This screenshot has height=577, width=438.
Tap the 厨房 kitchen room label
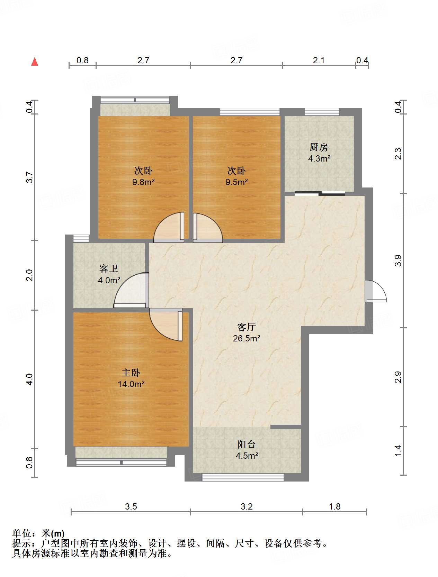tap(319, 147)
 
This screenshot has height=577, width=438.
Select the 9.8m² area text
tap(143, 182)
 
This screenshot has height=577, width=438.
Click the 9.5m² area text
tap(236, 182)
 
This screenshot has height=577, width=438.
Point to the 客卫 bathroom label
tap(108, 269)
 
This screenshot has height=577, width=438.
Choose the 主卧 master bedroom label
tap(131, 373)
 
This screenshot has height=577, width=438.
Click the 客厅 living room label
tap(246, 327)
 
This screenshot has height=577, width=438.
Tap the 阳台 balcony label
tap(246, 444)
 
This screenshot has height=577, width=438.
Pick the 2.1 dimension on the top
tap(319, 61)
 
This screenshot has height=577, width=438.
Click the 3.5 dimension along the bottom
tap(131, 507)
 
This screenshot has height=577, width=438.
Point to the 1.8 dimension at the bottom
tap(334, 507)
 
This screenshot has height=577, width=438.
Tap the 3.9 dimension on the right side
tap(398, 260)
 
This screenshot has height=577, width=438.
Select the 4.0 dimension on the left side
tap(30, 379)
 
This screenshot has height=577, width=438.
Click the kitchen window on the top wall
tap(322, 112)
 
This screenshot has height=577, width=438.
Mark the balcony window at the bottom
tap(243, 477)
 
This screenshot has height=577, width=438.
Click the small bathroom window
tap(81, 238)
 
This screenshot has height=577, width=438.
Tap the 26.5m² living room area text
tap(246, 338)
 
